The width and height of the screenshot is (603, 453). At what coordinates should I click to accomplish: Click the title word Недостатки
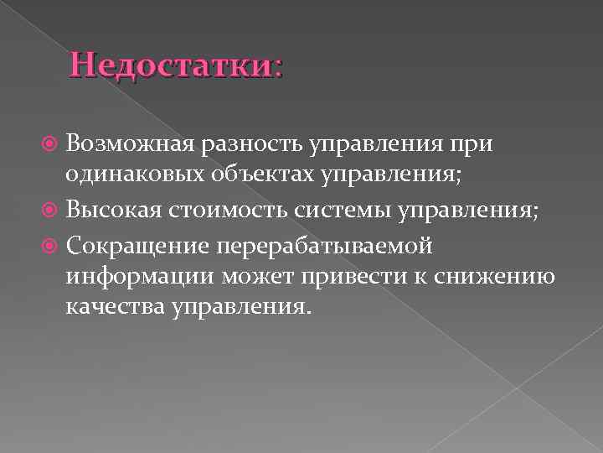[x=172, y=65]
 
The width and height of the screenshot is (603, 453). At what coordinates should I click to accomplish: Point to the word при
[x=474, y=143]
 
